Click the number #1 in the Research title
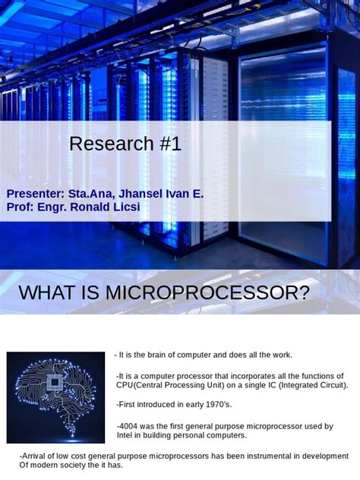pyautogui.click(x=171, y=144)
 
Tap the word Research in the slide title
pyautogui.click(x=112, y=144)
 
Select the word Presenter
pyautogui.click(x=33, y=194)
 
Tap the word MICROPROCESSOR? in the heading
pyautogui.click(x=207, y=292)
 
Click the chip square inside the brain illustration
pyautogui.click(x=55, y=382)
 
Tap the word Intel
pyautogui.click(x=124, y=435)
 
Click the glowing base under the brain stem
pyautogui.click(x=72, y=441)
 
